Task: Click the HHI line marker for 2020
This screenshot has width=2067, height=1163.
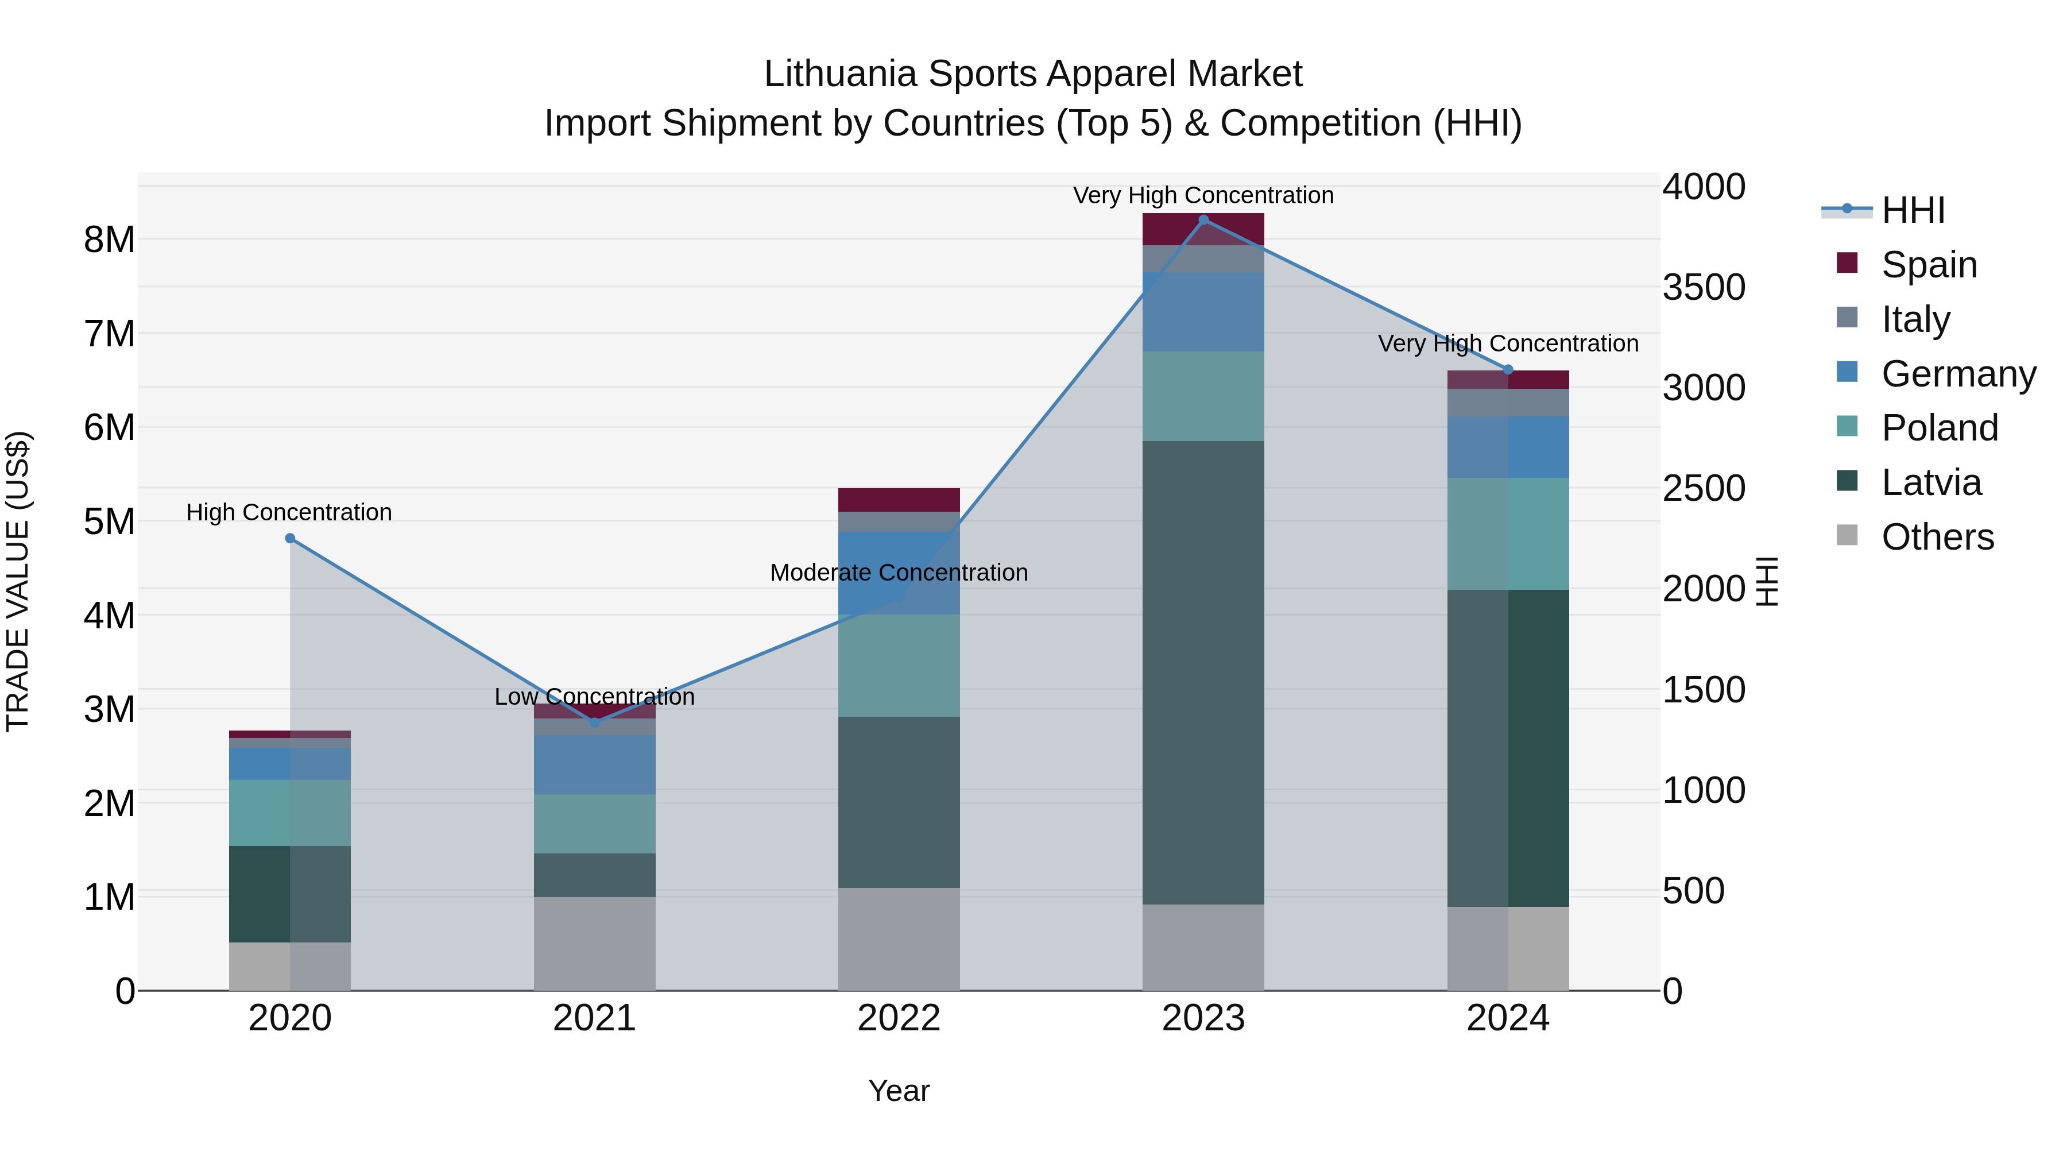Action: [x=290, y=539]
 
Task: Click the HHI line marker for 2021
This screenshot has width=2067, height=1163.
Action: [x=595, y=723]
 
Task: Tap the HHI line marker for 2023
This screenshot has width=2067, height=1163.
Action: [x=1203, y=220]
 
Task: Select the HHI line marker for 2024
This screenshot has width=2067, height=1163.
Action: [x=1508, y=370]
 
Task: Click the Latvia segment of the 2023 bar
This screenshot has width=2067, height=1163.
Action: [x=1203, y=673]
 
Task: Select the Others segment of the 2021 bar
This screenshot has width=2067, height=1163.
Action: [x=595, y=943]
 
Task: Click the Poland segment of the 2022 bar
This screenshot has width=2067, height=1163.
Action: [x=899, y=666]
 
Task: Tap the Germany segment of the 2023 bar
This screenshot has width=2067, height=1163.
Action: [x=1203, y=311]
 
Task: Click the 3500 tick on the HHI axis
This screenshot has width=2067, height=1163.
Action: [x=1703, y=287]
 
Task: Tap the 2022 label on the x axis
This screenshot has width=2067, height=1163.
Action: [x=899, y=1018]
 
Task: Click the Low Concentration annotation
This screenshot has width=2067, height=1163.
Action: [x=595, y=697]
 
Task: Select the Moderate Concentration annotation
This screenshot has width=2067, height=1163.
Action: [x=899, y=572]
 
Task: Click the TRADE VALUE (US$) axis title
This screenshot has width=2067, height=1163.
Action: [x=18, y=581]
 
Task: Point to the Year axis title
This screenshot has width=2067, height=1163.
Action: [x=899, y=1091]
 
